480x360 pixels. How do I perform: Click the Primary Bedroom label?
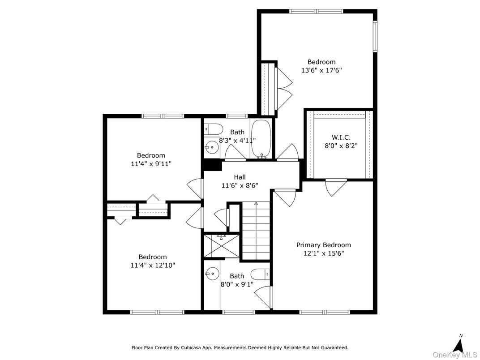[x=323, y=245]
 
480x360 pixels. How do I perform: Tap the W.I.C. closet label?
[x=341, y=137]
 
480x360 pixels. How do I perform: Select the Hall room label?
[x=240, y=177]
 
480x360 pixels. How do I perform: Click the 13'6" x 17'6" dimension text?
[x=321, y=70]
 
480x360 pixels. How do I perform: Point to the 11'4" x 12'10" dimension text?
[x=153, y=265]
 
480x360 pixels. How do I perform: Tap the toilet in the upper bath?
[x=214, y=130]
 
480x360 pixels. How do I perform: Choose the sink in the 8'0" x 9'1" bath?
[x=212, y=272]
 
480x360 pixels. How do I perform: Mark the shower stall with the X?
[x=222, y=246]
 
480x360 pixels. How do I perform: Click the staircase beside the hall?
[x=257, y=231]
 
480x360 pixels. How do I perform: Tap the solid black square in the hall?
[x=212, y=165]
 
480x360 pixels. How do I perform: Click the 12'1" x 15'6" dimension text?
[x=323, y=253]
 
